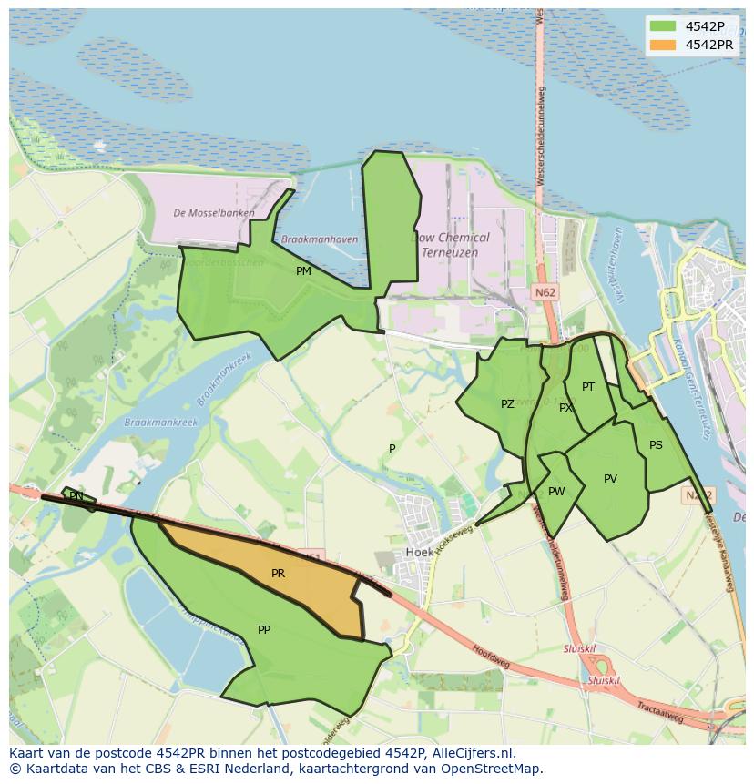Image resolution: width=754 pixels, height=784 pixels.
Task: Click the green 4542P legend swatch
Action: coord(663,26)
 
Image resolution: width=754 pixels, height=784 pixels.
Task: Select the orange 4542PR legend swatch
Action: coord(663,45)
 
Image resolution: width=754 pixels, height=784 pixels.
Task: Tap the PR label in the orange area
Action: coord(278,574)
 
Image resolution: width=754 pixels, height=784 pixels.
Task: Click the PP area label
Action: coord(264,629)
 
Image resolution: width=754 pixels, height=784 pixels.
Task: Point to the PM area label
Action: coord(303,270)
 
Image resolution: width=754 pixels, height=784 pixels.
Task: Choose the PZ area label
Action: coord(507,403)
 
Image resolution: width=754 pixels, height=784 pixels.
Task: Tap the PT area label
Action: coord(588,387)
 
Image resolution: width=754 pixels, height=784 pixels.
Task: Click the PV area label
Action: coord(610,479)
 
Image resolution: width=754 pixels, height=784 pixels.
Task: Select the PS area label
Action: coord(656,445)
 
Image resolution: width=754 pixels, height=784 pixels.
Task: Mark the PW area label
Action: coord(556,492)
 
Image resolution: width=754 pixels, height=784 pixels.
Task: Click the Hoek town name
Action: coord(420,553)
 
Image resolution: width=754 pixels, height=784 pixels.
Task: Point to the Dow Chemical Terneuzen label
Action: coord(453,244)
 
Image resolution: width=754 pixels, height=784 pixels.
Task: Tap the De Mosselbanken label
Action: coord(214,213)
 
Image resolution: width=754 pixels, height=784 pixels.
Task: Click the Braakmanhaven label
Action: coord(320,239)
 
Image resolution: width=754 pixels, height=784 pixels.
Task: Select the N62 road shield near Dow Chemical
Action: coord(545,292)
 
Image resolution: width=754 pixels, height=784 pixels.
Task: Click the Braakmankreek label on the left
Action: coord(161,423)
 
